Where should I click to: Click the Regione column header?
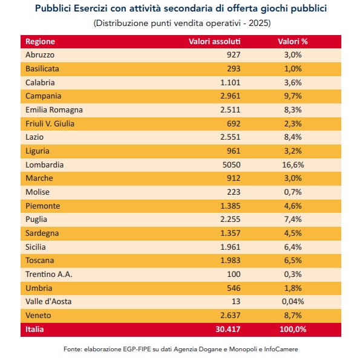pyautogui.click(x=40, y=42)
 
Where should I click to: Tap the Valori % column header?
pyautogui.click(x=293, y=42)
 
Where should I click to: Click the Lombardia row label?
pyautogui.click(x=44, y=164)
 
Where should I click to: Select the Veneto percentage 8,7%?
pyautogui.click(x=293, y=316)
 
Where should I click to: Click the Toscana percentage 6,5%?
pyautogui.click(x=293, y=261)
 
